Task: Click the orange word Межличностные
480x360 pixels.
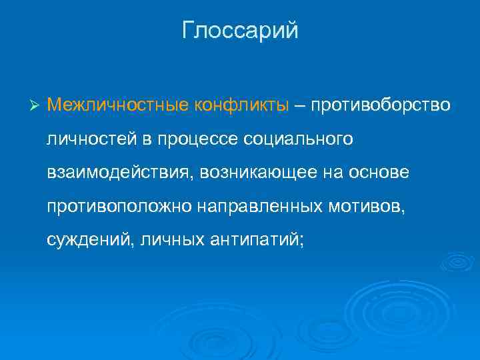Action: point(118,105)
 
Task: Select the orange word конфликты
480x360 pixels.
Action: point(242,105)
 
